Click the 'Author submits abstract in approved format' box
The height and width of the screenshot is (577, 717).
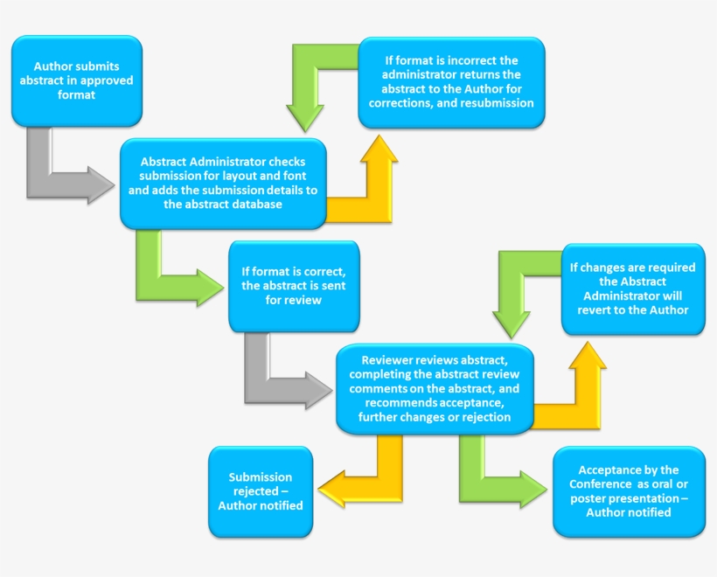[77, 80]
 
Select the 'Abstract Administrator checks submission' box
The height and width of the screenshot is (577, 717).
[223, 184]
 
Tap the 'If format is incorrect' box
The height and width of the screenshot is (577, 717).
[451, 82]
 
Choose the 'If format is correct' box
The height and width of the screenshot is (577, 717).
[293, 287]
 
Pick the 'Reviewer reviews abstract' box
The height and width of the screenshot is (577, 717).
[435, 388]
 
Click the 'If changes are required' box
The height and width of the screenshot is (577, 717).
[633, 288]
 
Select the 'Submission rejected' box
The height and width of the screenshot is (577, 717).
[260, 491]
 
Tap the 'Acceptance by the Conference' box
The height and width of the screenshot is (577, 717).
[629, 491]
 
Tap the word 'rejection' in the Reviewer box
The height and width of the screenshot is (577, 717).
[484, 417]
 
